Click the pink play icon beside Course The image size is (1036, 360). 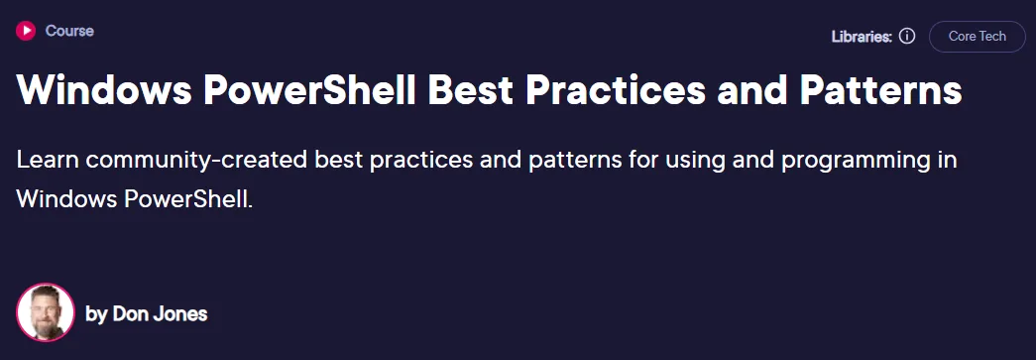coord(26,31)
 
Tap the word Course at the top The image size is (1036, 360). coord(69,31)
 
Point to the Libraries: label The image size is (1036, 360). coord(862,37)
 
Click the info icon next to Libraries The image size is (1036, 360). coord(908,37)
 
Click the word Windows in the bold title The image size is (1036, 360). coord(104,90)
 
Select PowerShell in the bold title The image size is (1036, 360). coord(309,90)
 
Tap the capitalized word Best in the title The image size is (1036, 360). coord(471,90)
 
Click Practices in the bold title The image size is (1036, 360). coord(616,90)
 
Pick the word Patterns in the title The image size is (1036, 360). coord(882,90)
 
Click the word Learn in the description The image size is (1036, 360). coord(47,161)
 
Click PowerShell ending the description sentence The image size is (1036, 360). coord(188,199)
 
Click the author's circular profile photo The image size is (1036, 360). coord(46,312)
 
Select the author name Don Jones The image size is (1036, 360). coord(160,313)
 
